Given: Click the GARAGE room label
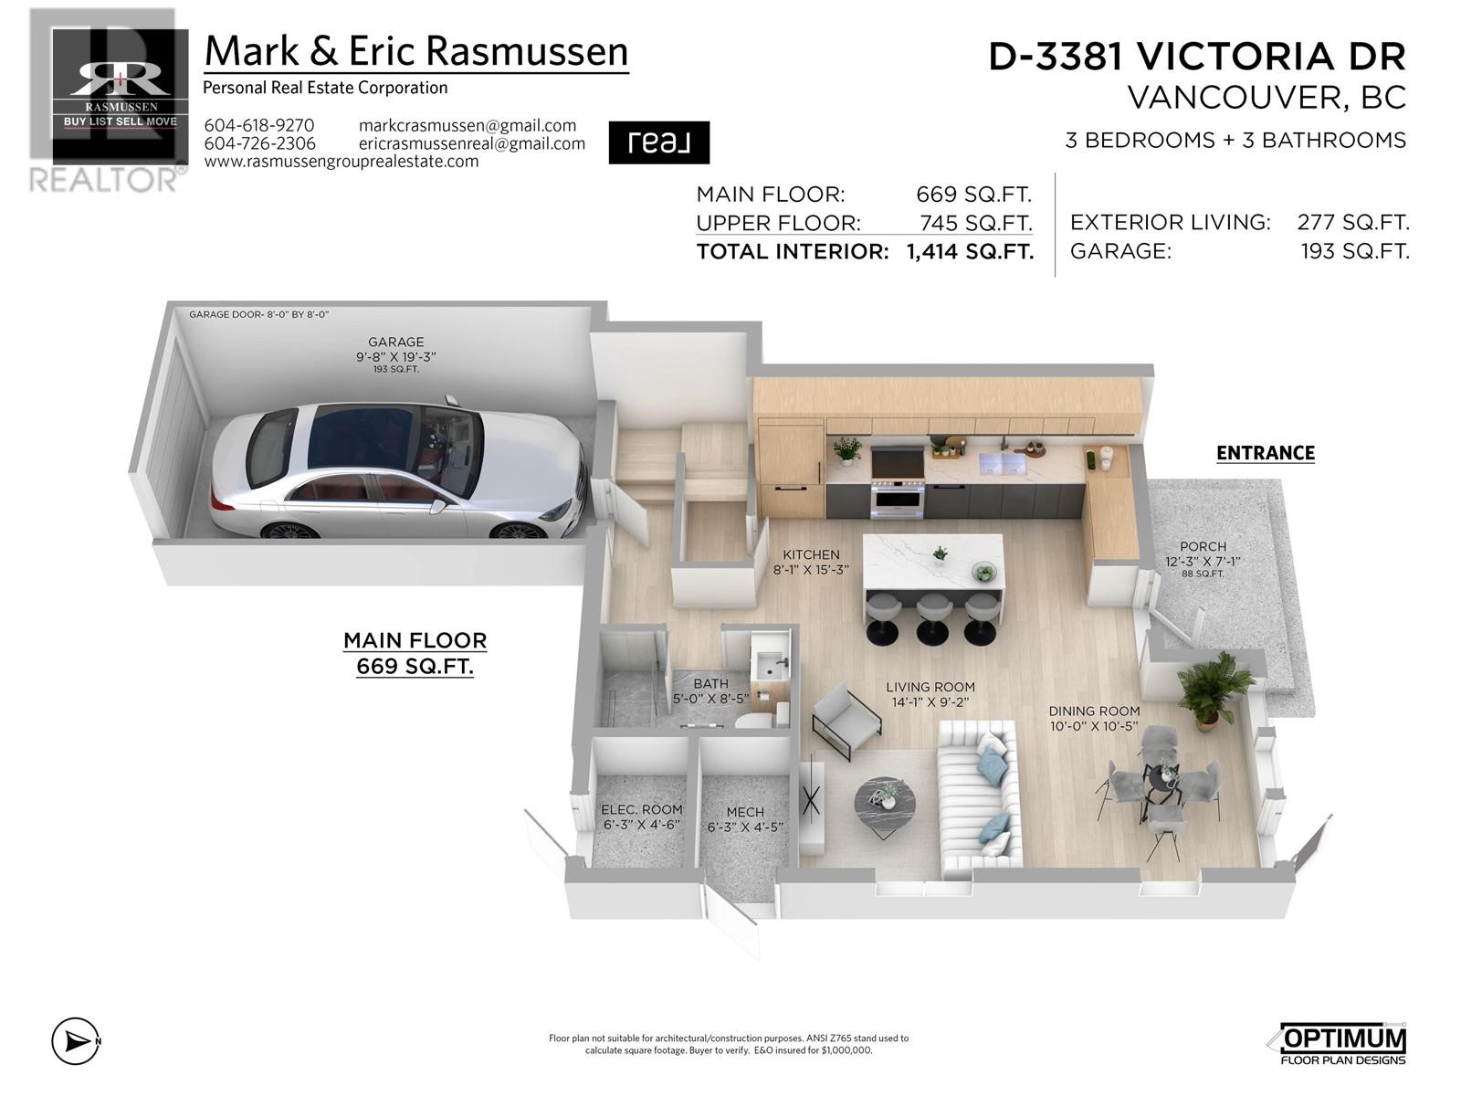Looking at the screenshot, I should [395, 342].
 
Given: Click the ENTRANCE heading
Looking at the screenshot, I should [1265, 453].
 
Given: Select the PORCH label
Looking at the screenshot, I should [1203, 547].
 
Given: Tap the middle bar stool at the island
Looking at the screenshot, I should [934, 615].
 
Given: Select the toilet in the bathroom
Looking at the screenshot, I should [756, 718].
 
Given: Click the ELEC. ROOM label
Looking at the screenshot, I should [641, 810].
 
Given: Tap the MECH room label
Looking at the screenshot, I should [745, 812].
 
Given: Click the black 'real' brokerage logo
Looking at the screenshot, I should [658, 142].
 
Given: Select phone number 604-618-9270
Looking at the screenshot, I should [259, 126].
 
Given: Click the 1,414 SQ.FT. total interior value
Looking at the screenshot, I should [970, 252].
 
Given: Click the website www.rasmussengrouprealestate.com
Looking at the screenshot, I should [341, 162].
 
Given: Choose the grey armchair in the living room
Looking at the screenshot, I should [846, 722].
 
